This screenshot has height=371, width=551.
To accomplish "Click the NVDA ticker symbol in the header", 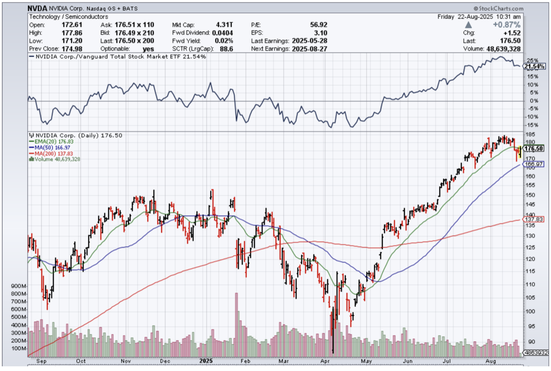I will click(37, 8).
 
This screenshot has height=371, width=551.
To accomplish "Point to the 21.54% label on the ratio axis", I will click(535, 67).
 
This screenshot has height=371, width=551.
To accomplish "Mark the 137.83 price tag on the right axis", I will click(535, 219).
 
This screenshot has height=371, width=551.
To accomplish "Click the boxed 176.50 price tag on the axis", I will click(535, 148).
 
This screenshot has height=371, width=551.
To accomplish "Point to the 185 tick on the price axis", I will click(530, 135).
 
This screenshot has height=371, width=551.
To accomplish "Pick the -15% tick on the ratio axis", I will click(532, 125).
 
